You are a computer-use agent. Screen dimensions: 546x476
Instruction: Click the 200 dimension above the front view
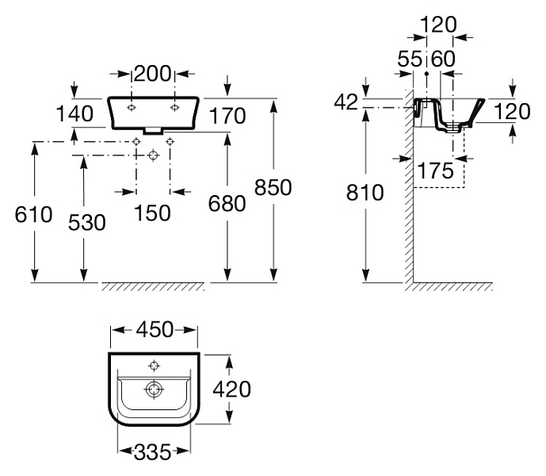point(152,74)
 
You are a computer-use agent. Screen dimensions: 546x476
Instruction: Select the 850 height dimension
point(273,187)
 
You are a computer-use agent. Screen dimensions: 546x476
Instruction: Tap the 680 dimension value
point(227,204)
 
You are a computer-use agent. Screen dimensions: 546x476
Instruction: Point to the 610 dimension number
point(34,214)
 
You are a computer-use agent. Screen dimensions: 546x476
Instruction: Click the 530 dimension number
point(86,222)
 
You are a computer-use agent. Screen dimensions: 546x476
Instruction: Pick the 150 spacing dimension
point(152,213)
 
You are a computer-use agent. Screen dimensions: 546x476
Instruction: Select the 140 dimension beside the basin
point(74,114)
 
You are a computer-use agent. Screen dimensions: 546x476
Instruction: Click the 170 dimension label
point(227,116)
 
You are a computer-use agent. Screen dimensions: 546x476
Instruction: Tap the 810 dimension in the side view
point(365,193)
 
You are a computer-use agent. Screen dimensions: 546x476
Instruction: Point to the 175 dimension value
point(435,171)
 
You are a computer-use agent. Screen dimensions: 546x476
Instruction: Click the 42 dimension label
point(346,102)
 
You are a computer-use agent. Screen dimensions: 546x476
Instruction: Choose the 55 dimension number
point(410,59)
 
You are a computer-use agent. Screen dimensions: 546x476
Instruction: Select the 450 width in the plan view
point(155,329)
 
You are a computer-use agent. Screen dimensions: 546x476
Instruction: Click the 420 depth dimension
point(232,390)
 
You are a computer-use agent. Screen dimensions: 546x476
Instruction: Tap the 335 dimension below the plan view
point(152,452)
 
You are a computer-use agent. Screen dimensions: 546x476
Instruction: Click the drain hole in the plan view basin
point(154,389)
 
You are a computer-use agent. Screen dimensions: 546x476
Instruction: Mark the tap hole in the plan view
point(154,366)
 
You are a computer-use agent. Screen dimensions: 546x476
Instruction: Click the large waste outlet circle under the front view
point(153,155)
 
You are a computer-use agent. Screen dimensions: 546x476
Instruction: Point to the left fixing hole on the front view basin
point(132,107)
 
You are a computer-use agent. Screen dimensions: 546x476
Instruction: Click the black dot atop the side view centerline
point(426,74)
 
